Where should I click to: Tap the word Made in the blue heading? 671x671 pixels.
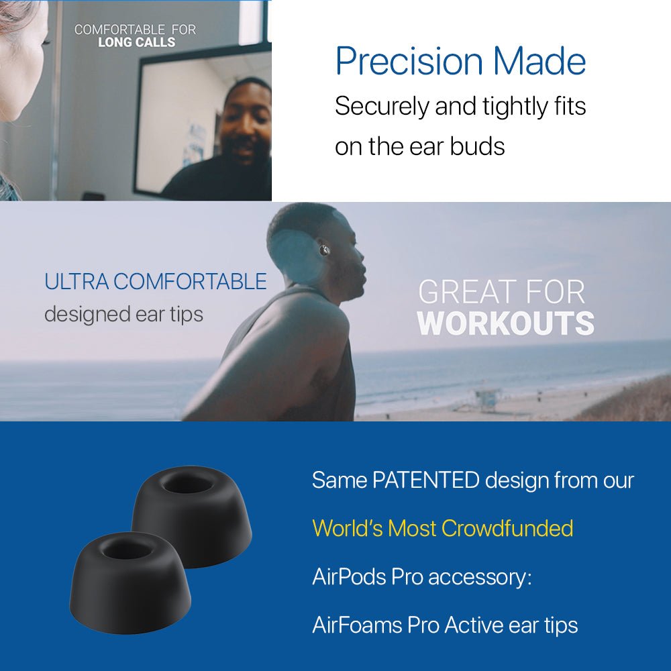pyautogui.click(x=539, y=62)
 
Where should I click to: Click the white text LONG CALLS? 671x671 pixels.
pyautogui.click(x=137, y=42)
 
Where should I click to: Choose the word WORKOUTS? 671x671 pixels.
pyautogui.click(x=505, y=323)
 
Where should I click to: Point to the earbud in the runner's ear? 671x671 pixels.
pyautogui.click(x=325, y=250)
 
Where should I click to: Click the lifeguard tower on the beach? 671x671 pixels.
pyautogui.click(x=485, y=399)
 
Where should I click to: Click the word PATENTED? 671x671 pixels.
pyautogui.click(x=425, y=480)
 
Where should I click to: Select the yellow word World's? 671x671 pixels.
pyautogui.click(x=347, y=529)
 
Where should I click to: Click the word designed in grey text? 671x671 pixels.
pyautogui.click(x=87, y=313)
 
